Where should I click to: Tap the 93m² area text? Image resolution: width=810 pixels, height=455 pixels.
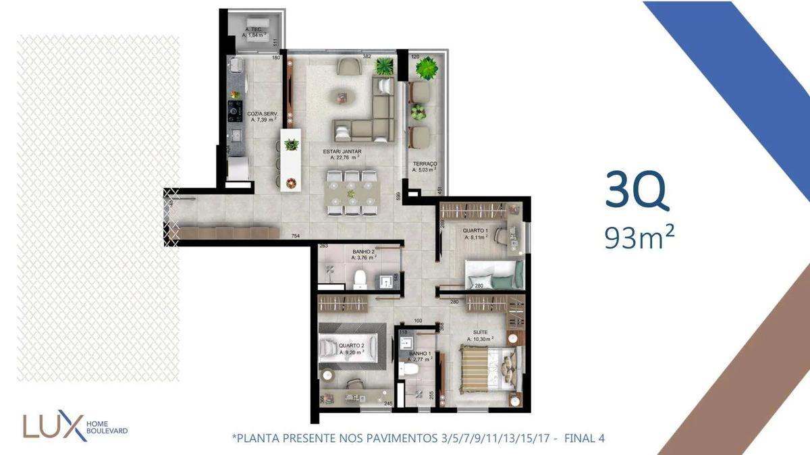[640, 237]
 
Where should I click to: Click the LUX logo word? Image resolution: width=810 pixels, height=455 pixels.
[52, 426]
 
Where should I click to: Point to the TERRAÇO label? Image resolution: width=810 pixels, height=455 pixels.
[425, 164]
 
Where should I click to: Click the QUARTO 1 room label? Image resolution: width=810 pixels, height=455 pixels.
[477, 230]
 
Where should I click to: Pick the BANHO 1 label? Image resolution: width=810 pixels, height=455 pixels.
[420, 354]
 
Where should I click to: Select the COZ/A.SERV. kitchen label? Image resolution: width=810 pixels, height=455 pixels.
[263, 114]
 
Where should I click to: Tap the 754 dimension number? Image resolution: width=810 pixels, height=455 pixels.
[295, 236]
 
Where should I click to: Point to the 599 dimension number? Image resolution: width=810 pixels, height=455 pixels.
[400, 196]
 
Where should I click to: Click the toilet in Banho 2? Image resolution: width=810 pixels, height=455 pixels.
[360, 277]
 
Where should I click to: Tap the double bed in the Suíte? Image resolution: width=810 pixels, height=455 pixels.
[488, 369]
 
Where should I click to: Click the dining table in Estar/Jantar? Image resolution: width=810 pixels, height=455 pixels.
[350, 193]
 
